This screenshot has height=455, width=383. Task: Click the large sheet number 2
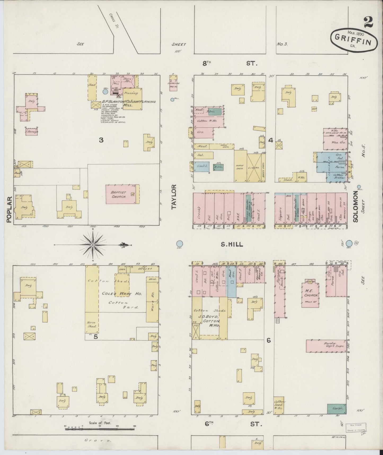(x=368, y=22)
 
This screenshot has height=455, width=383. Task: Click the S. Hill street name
(x=232, y=244)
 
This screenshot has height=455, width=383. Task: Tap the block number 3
(x=101, y=140)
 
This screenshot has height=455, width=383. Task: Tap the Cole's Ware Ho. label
(x=122, y=294)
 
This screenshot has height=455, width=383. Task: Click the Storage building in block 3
(x=31, y=131)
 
